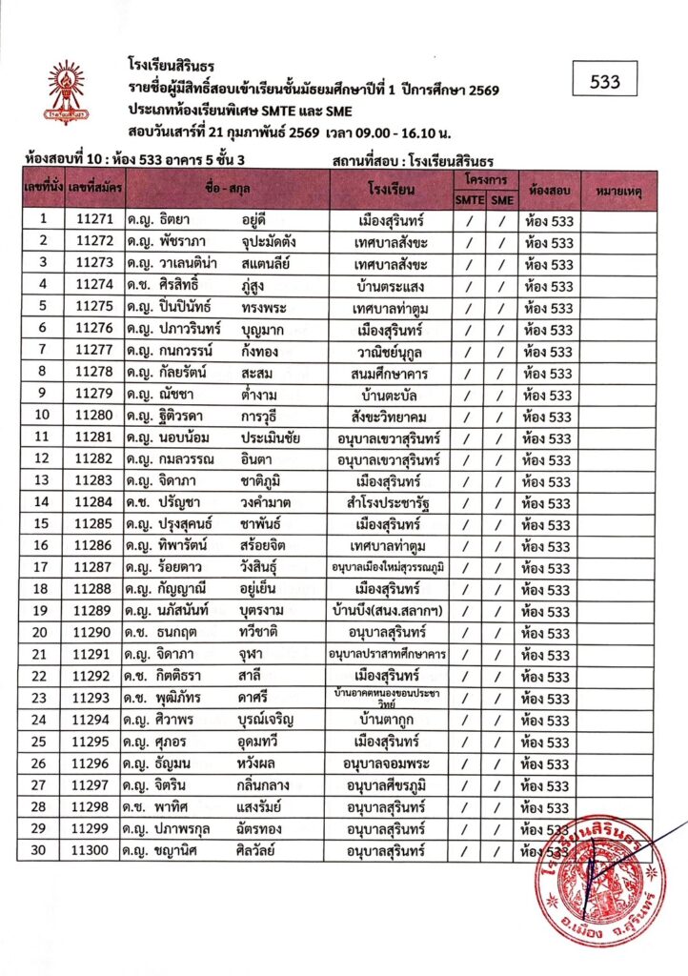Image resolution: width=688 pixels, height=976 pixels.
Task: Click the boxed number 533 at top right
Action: point(605,82)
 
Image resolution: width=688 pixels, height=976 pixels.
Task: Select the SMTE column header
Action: point(468,199)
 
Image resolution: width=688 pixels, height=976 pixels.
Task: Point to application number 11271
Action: point(93,220)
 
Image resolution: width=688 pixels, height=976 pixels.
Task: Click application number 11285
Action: point(93,524)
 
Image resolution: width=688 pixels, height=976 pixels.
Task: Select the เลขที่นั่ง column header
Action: point(41,191)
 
